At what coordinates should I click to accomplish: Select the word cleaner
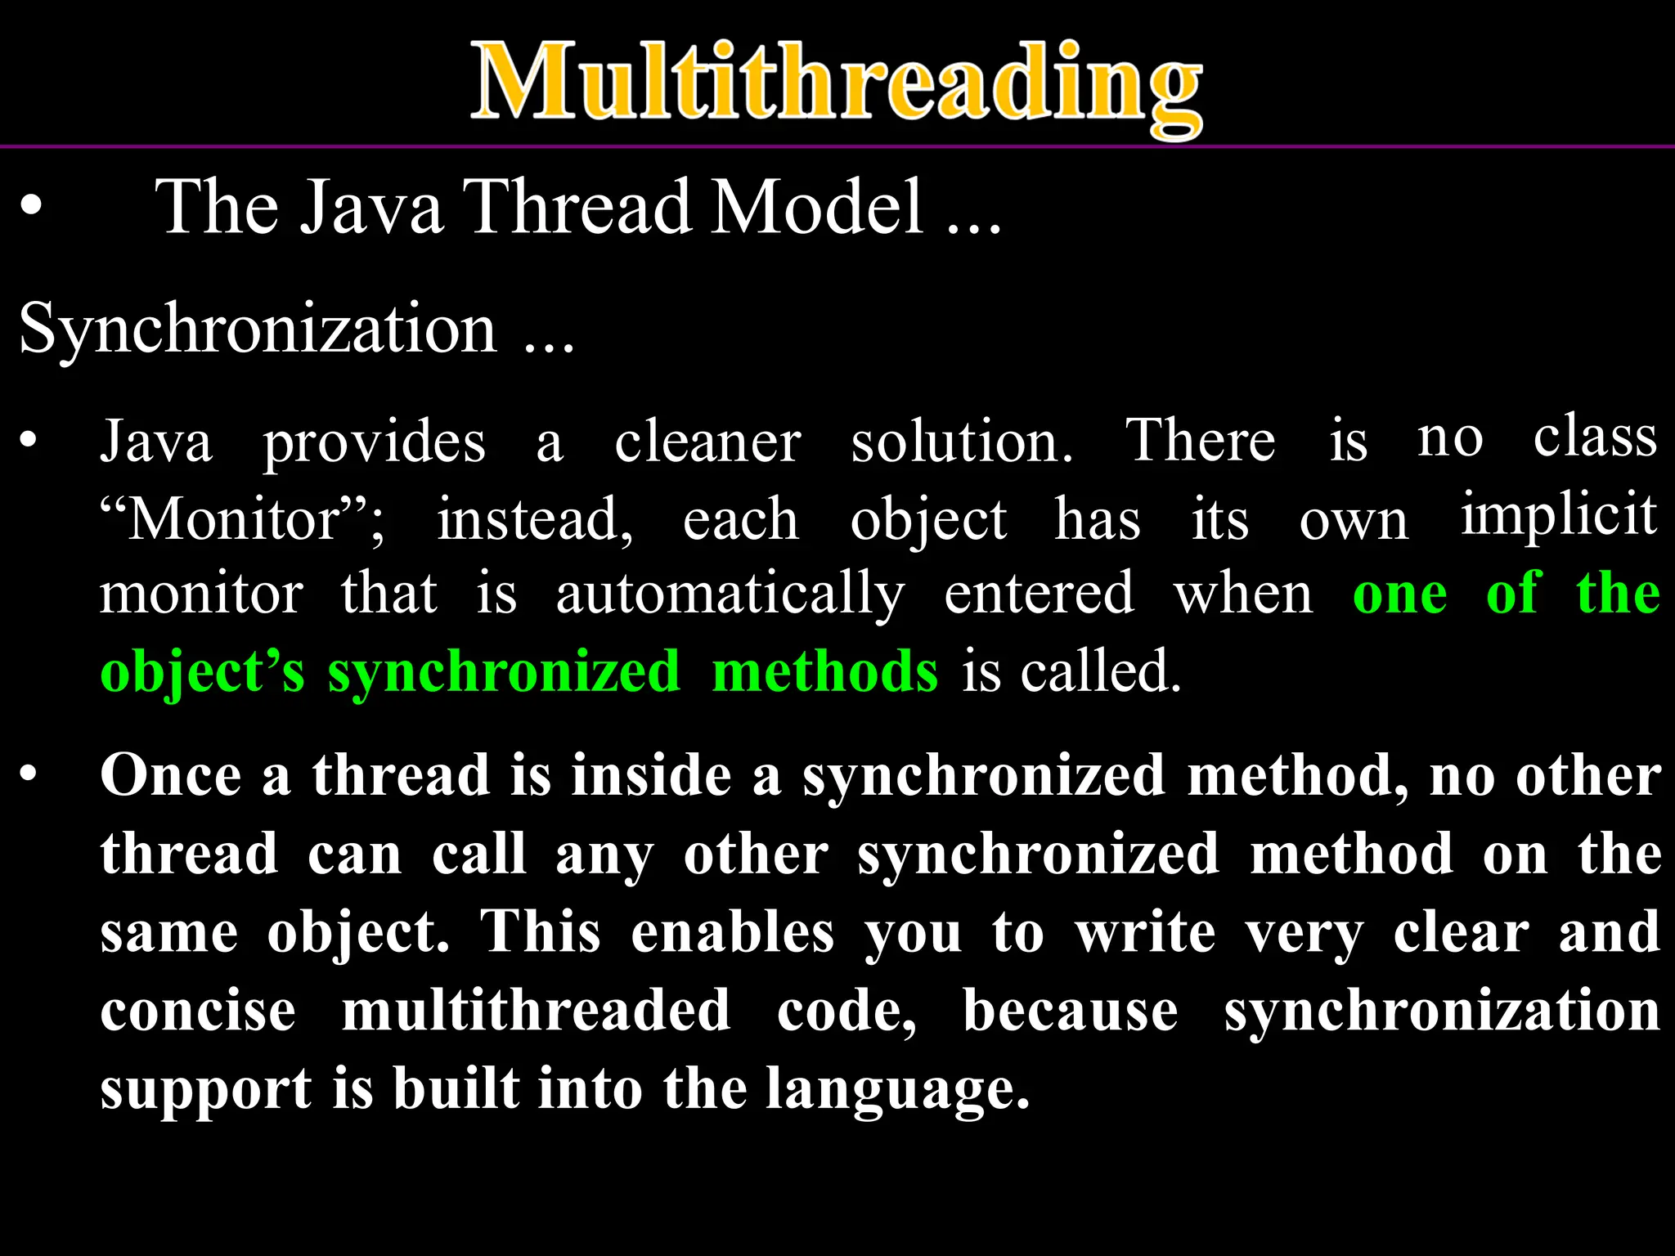tap(707, 442)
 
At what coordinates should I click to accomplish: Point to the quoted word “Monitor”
tap(241, 519)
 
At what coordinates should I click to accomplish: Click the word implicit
tap(1559, 515)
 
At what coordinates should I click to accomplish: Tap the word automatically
tap(730, 594)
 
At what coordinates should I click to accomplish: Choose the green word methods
tap(824, 671)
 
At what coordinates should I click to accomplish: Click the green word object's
tap(202, 673)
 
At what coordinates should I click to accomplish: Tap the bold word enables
tap(732, 932)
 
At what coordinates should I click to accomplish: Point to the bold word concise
tap(198, 1011)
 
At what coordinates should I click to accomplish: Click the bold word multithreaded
tap(536, 1011)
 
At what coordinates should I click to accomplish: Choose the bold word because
tap(1070, 1011)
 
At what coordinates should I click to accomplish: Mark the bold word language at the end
tap(896, 1091)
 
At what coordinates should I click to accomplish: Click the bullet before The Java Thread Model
tap(31, 208)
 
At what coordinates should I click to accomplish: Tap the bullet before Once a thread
tap(29, 774)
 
